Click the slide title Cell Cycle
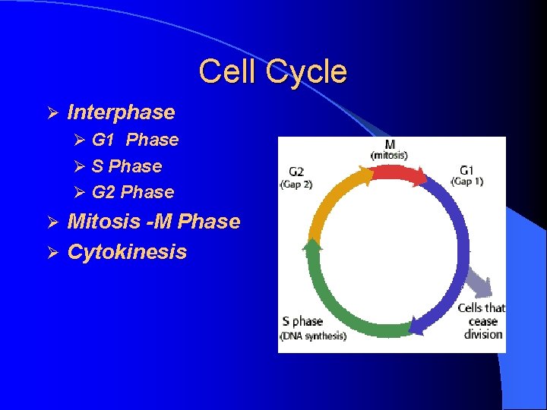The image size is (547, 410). pyautogui.click(x=273, y=72)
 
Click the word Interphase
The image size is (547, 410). pyautogui.click(x=121, y=112)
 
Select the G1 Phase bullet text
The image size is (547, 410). pyautogui.click(x=134, y=140)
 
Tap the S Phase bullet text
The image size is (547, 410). pyautogui.click(x=126, y=166)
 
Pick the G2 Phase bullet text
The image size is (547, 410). pyautogui.click(x=132, y=192)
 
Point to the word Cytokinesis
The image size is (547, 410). pyautogui.click(x=127, y=252)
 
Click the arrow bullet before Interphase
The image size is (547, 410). pyautogui.click(x=52, y=113)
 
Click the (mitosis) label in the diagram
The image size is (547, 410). pyautogui.click(x=389, y=156)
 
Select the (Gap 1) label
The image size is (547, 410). pyautogui.click(x=466, y=181)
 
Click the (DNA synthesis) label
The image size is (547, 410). pyautogui.click(x=314, y=336)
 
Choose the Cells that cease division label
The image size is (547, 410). pyautogui.click(x=482, y=320)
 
